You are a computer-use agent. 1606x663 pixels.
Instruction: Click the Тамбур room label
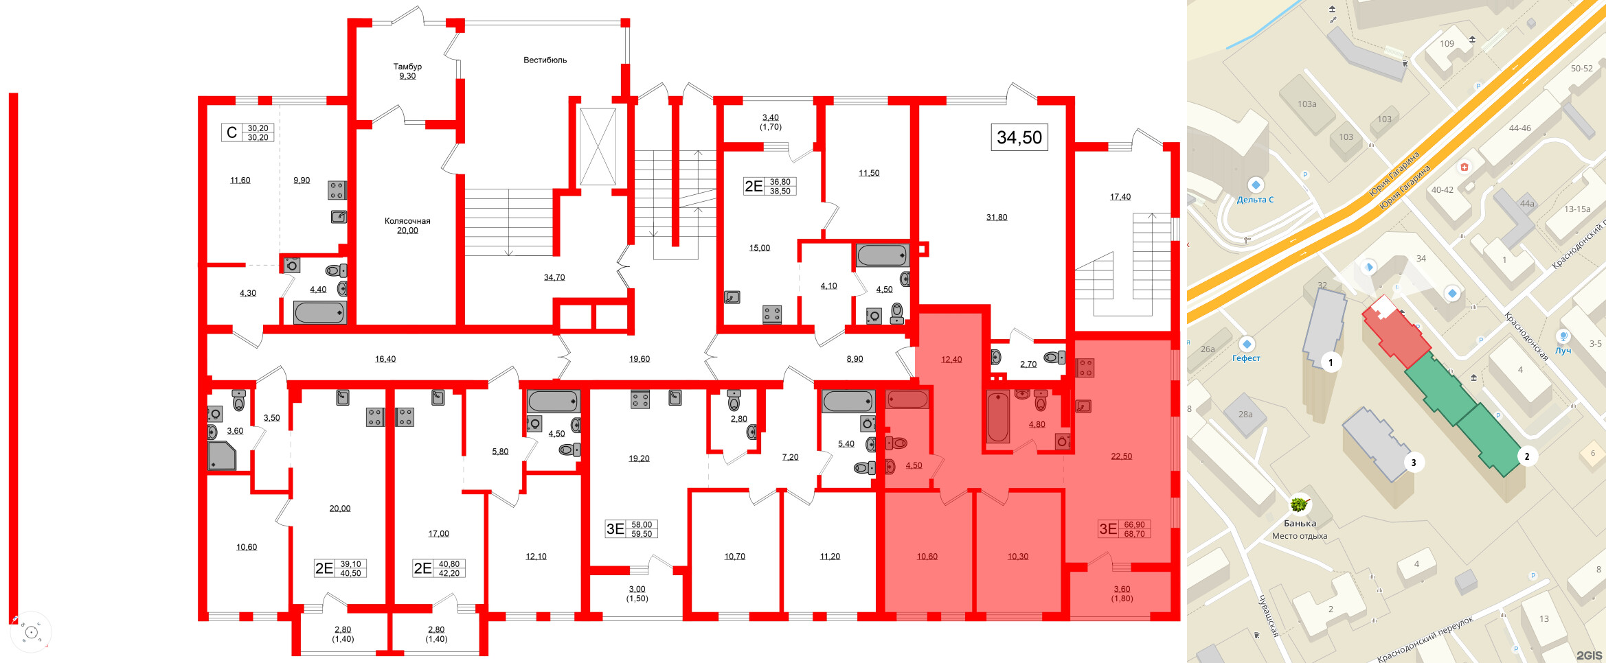tap(407, 67)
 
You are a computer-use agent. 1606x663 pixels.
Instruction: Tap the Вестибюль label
tap(545, 60)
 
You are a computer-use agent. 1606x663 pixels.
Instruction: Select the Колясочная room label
tap(407, 221)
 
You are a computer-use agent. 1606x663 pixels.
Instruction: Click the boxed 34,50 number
tap(1019, 137)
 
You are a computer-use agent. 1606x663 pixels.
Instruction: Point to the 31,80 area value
tap(997, 218)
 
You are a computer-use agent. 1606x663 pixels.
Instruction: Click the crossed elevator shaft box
tap(598, 146)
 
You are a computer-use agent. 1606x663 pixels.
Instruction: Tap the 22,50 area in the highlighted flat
tap(1122, 456)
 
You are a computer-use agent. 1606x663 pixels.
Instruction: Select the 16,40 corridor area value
tap(385, 359)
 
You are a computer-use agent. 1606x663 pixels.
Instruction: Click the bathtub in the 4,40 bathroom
tap(319, 313)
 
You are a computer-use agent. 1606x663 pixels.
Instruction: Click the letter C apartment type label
tap(231, 132)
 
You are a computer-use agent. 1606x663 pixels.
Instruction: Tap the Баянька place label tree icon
tap(1298, 505)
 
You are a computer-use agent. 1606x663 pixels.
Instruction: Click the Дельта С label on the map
tap(1255, 200)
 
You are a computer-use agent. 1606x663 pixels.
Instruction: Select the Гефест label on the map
tap(1246, 358)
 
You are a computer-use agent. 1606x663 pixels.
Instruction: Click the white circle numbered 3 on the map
tap(1414, 463)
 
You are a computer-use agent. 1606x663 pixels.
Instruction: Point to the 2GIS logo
tap(1589, 655)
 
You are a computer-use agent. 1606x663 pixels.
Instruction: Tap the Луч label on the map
tap(1563, 351)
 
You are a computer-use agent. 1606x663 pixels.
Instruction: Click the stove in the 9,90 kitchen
tap(337, 190)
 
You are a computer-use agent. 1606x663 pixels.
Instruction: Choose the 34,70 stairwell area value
tap(554, 278)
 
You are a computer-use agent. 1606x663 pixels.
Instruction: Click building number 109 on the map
tap(1447, 44)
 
